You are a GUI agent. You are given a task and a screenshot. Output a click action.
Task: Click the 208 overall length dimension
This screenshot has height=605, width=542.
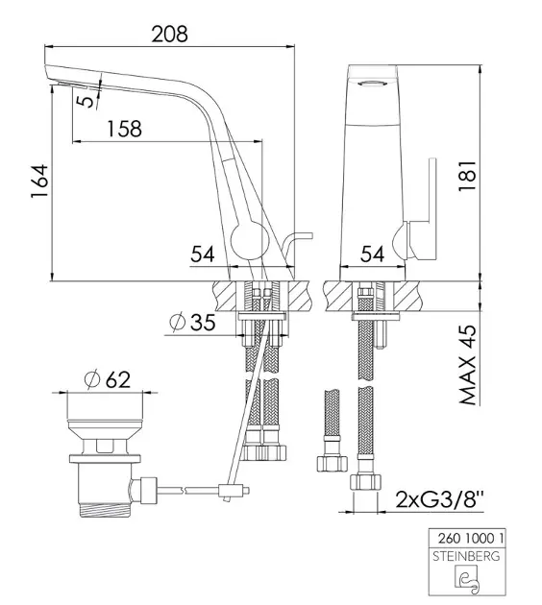(169, 34)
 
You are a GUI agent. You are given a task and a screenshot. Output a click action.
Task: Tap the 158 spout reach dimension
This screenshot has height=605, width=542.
(124, 129)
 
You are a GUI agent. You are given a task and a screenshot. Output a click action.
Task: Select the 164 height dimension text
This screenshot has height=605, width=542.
(39, 181)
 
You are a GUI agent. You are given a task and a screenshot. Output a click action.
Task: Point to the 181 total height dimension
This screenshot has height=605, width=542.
(468, 175)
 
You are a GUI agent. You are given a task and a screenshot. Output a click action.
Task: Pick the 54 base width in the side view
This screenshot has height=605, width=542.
(202, 254)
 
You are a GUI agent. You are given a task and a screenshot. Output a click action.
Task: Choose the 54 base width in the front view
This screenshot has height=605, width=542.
(373, 254)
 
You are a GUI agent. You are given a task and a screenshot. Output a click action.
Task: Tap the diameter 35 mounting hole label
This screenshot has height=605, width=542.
(192, 322)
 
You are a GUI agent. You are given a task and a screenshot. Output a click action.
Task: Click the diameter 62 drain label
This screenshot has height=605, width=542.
(108, 379)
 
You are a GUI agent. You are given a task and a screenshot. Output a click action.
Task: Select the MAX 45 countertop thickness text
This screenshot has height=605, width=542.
(468, 365)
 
